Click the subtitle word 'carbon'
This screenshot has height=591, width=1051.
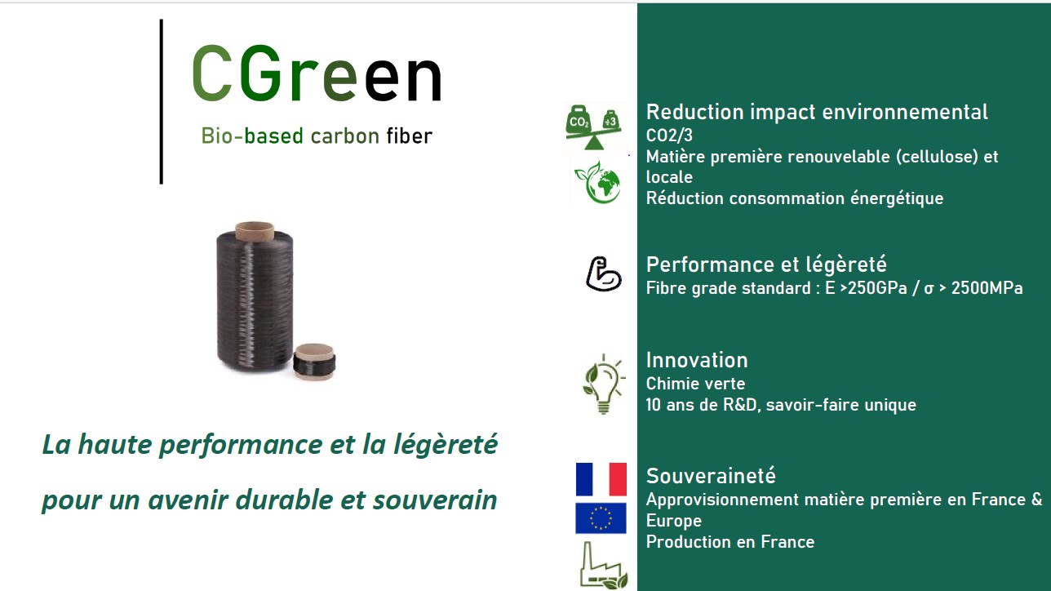[345, 136]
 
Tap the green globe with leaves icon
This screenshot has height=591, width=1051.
[598, 182]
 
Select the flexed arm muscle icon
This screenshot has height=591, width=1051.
[604, 273]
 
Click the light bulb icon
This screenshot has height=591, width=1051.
[602, 384]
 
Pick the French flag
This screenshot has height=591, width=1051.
[601, 479]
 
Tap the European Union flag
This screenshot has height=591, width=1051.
[601, 518]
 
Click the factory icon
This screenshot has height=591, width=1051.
[602, 566]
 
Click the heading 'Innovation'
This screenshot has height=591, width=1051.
[696, 360]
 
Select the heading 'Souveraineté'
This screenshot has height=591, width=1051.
[711, 475]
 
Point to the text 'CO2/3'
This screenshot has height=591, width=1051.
[669, 135]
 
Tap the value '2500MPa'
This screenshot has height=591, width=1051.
[990, 287]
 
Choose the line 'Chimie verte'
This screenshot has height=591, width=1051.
[695, 383]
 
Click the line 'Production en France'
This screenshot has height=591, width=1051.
[729, 541]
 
